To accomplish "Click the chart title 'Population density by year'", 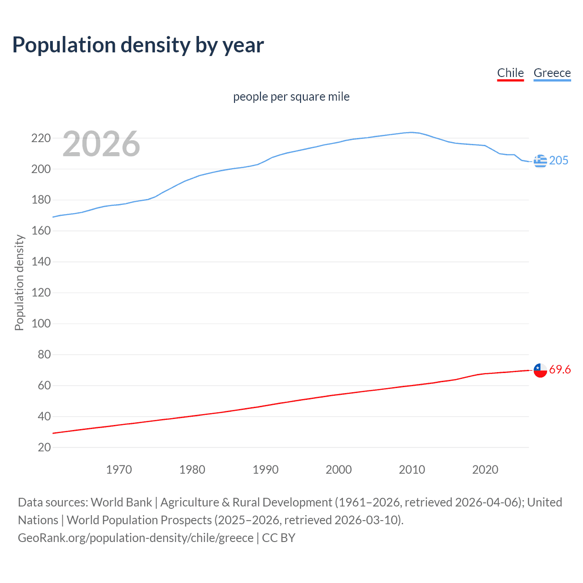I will (x=138, y=45).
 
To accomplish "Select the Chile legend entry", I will (x=510, y=73).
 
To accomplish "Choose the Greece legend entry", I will (x=552, y=73).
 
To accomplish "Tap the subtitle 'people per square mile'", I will (x=291, y=97).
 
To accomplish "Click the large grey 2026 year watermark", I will (x=101, y=144).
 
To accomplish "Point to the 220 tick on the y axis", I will (x=41, y=138).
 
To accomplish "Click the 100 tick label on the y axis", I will (x=41, y=323).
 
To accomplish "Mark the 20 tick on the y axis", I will (x=44, y=447).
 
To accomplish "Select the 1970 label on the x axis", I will (x=119, y=470).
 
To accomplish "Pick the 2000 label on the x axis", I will (x=338, y=470).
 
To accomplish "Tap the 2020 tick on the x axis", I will (x=485, y=470).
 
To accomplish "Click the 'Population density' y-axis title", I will (x=19, y=282).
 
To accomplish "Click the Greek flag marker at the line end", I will (x=540, y=161).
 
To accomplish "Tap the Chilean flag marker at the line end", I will (x=540, y=370).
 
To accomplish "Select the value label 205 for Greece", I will (x=559, y=160).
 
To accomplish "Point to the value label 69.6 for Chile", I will (x=560, y=369).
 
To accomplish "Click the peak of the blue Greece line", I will (x=411, y=133).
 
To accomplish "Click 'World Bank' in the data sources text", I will (x=121, y=502).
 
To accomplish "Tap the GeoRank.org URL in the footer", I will (x=135, y=538).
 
